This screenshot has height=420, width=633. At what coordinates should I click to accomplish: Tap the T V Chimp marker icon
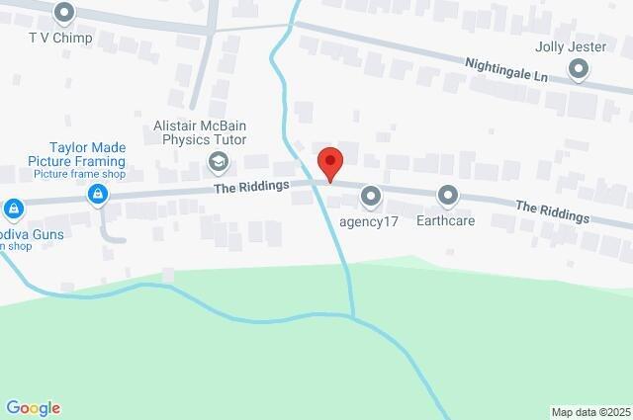(x=65, y=14)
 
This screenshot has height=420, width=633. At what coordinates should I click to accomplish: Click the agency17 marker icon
(x=371, y=197)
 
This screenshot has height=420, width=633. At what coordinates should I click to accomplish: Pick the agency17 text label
(x=369, y=220)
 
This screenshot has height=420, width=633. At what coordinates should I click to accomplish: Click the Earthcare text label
(x=446, y=220)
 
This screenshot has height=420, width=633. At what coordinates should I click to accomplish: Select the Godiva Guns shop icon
(x=13, y=210)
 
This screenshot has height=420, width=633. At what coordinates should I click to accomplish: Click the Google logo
(x=33, y=408)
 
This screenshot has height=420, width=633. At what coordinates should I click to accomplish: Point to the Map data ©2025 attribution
(x=590, y=412)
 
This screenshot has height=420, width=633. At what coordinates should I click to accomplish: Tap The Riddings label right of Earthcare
(x=552, y=211)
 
